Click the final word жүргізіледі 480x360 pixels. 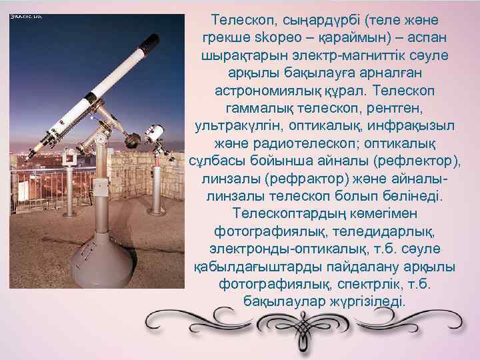click(x=369, y=301)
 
